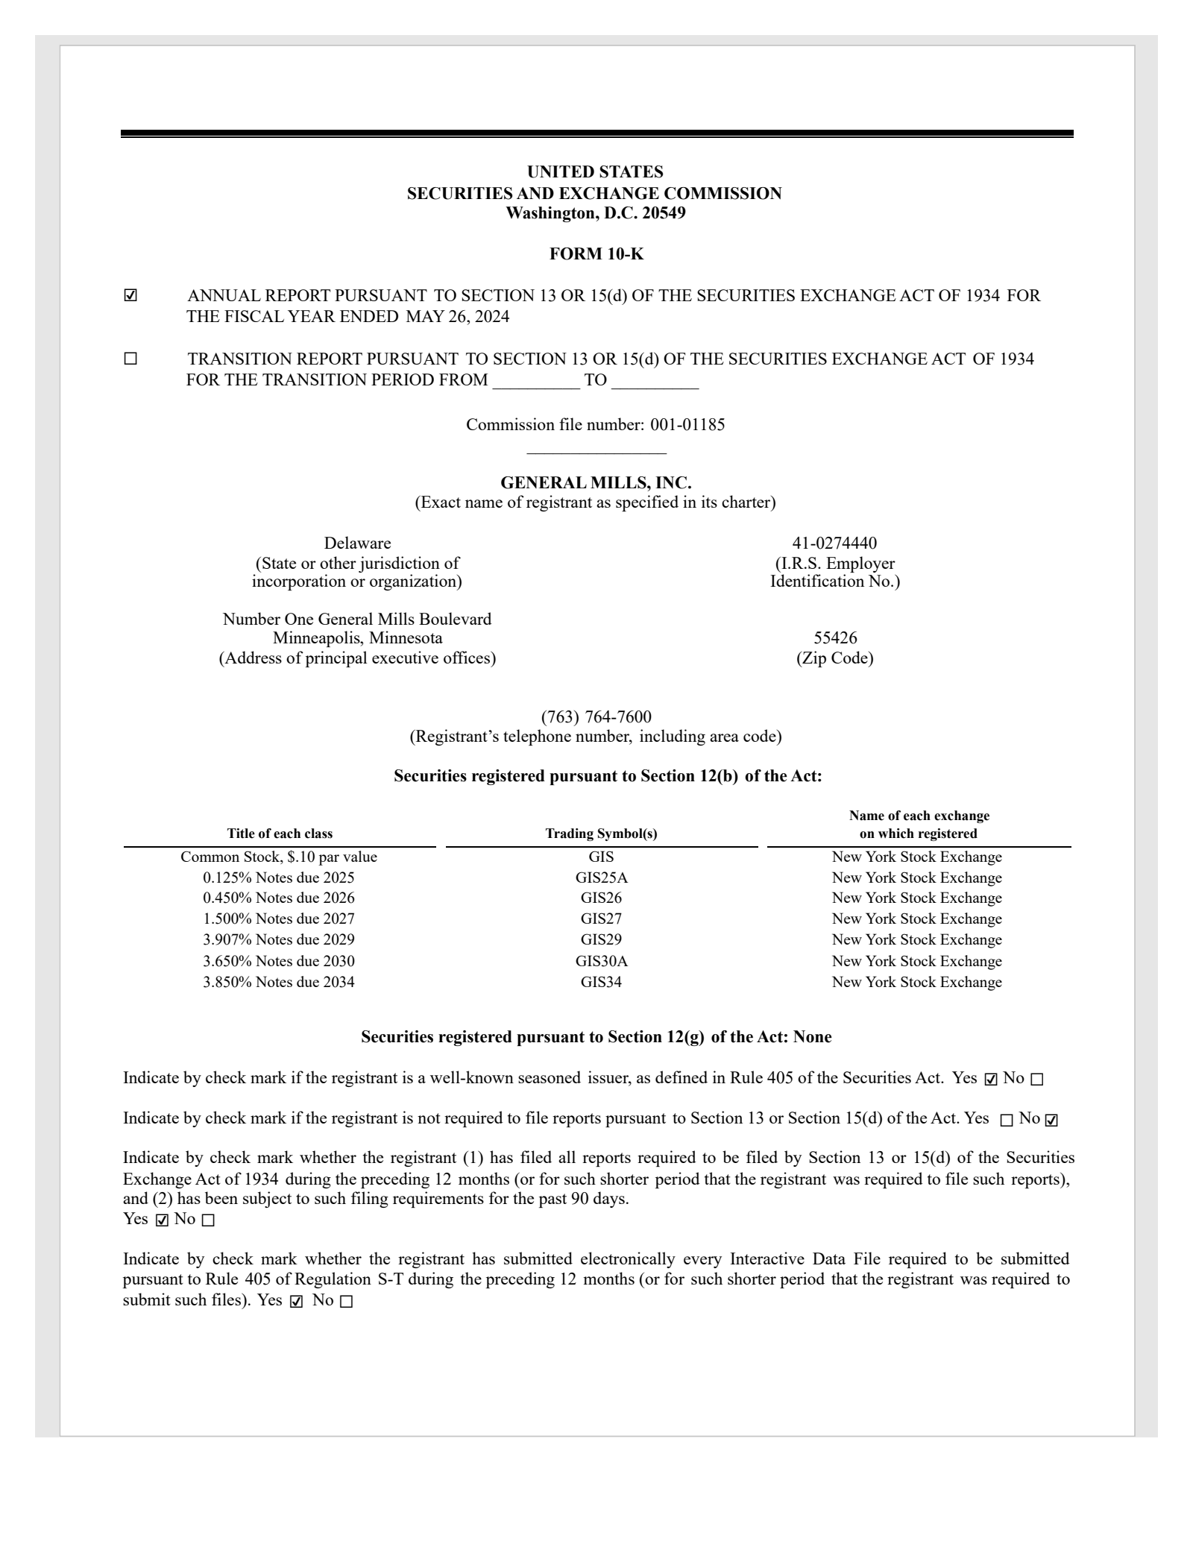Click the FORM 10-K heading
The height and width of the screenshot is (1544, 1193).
pyautogui.click(x=596, y=254)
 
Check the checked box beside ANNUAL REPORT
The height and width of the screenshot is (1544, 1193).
pyautogui.click(x=130, y=296)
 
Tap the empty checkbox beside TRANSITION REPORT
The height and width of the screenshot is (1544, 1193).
pyautogui.click(x=130, y=359)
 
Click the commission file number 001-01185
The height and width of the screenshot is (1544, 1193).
pyautogui.click(x=687, y=425)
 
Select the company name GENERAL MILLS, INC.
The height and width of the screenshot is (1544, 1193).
pyautogui.click(x=596, y=482)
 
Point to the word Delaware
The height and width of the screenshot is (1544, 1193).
pyautogui.click(x=357, y=543)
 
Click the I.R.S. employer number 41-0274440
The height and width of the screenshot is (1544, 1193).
pyautogui.click(x=834, y=543)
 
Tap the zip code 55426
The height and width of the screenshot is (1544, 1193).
pyautogui.click(x=835, y=638)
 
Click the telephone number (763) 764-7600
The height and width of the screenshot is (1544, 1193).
pyautogui.click(x=596, y=717)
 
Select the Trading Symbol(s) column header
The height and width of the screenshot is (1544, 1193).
pyautogui.click(x=601, y=834)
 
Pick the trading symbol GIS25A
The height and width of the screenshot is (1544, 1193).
pyautogui.click(x=601, y=877)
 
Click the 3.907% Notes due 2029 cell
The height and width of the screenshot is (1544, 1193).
pyautogui.click(x=279, y=940)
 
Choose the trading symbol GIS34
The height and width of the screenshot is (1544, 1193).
pyautogui.click(x=601, y=982)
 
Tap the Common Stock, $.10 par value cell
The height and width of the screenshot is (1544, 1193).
pyautogui.click(x=279, y=857)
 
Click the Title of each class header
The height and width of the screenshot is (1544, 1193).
pyautogui.click(x=280, y=834)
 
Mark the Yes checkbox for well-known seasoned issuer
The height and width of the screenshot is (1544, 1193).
pyautogui.click(x=991, y=1079)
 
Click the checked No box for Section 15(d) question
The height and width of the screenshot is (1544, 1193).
pyautogui.click(x=1051, y=1120)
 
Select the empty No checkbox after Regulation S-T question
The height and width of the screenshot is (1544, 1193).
pyautogui.click(x=346, y=1302)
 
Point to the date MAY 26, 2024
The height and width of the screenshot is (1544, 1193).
pyautogui.click(x=457, y=317)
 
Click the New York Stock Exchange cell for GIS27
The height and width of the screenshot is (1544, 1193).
pyautogui.click(x=916, y=919)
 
